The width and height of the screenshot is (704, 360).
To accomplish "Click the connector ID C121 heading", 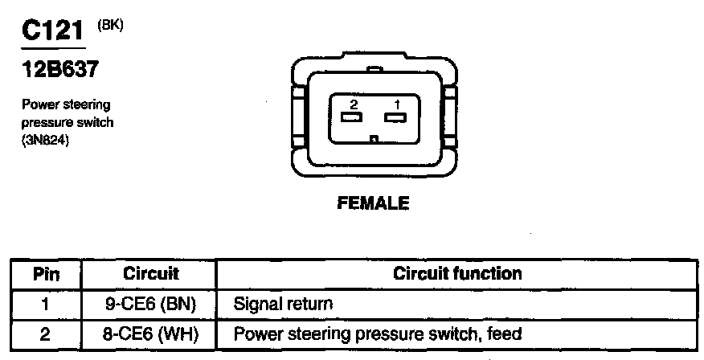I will tap(53, 32).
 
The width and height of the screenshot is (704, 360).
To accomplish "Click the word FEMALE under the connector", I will tap(371, 203).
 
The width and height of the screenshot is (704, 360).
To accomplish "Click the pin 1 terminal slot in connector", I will tap(393, 118).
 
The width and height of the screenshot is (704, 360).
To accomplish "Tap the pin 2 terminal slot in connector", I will tap(351, 118).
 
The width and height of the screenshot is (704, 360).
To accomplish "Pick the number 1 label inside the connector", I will tap(396, 104).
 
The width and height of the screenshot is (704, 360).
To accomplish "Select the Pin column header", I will tap(46, 273).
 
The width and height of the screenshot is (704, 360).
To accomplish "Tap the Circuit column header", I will tap(150, 273).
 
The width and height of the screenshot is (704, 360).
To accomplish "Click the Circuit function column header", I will tap(456, 273).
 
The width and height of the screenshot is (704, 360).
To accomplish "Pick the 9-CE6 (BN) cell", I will tap(150, 304).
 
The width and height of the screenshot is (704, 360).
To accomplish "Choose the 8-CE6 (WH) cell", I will tap(150, 333).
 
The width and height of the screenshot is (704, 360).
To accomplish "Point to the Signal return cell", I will tap(283, 304).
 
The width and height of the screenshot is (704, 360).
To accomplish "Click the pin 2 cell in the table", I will tap(46, 333).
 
